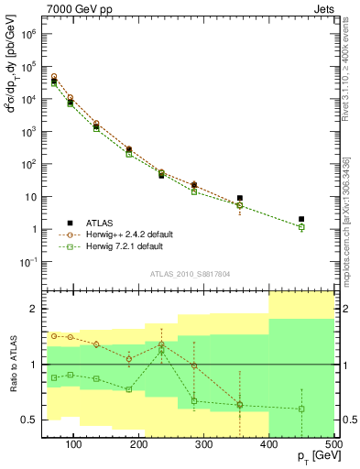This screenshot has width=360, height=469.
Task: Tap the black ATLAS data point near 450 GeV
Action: click(301, 219)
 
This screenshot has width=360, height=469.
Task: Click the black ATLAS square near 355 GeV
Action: click(240, 198)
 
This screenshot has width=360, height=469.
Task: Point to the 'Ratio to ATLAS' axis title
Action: click(13, 364)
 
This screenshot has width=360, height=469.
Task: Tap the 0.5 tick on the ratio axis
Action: click(30, 420)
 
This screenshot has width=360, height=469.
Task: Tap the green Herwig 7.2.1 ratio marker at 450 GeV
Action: click(301, 409)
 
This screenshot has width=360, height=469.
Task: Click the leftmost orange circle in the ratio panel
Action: click(54, 336)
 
